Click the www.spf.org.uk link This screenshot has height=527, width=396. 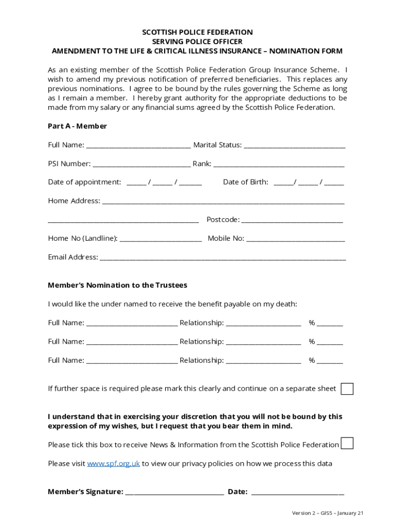tap(113, 464)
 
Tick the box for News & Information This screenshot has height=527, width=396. tap(348, 443)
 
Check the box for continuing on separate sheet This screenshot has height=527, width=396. tap(348, 389)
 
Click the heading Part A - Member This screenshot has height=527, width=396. tap(77, 126)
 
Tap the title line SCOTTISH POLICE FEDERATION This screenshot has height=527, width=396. tap(197, 32)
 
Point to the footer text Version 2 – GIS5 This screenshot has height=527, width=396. tap(328, 513)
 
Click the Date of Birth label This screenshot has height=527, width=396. tap(245, 182)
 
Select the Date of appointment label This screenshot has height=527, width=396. tap(84, 182)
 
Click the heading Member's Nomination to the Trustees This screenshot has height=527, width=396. tap(117, 285)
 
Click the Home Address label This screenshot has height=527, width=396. tap(74, 201)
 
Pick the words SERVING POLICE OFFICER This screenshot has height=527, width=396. tap(197, 42)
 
